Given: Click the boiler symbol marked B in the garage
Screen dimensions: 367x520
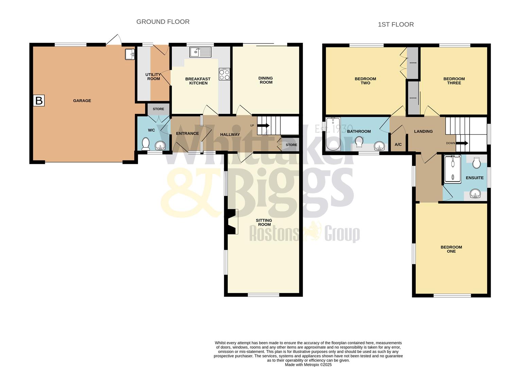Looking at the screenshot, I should pyautogui.click(x=39, y=101).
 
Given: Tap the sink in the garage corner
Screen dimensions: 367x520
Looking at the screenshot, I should pyautogui.click(x=130, y=54).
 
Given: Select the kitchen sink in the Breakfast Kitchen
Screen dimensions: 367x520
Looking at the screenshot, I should pyautogui.click(x=201, y=52).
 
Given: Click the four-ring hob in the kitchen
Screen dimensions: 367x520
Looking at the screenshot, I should pyautogui.click(x=224, y=74).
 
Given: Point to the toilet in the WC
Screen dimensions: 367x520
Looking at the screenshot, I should pyautogui.click(x=145, y=144).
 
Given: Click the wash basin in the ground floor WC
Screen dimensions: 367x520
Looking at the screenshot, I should pyautogui.click(x=160, y=146).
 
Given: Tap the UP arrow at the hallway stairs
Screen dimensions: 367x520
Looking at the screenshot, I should pyautogui.click(x=263, y=125).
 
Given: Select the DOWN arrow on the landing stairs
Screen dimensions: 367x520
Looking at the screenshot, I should pyautogui.click(x=462, y=143).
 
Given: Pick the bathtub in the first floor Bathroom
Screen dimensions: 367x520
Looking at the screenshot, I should pyautogui.click(x=333, y=134).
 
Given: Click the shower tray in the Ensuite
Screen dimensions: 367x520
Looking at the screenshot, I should pyautogui.click(x=453, y=169).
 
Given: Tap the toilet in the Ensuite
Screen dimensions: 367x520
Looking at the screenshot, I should pyautogui.click(x=476, y=162).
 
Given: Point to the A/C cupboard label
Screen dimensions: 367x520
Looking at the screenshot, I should pyautogui.click(x=398, y=144).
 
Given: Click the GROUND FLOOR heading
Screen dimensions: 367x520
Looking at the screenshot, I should pyautogui.click(x=163, y=22).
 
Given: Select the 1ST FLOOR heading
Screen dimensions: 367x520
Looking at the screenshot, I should pyautogui.click(x=396, y=24).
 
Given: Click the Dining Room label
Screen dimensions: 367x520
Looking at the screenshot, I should pyautogui.click(x=266, y=80).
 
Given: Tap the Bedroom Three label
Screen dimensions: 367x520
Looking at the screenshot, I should pyautogui.click(x=454, y=81).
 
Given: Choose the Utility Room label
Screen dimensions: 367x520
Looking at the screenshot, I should pyautogui.click(x=153, y=77).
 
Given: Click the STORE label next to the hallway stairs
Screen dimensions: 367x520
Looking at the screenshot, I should pyautogui.click(x=291, y=145).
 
